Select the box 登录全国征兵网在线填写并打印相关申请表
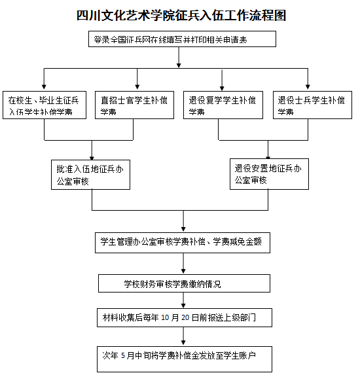(x=178, y=40)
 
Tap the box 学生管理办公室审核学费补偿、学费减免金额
(x=181, y=241)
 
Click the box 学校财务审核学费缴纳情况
(x=184, y=283)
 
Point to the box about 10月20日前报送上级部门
(x=184, y=318)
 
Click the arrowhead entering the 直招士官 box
(x=137, y=86)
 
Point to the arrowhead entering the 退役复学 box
(x=219, y=86)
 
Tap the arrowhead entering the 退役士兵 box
(x=310, y=86)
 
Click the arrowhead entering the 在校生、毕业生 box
(x=44, y=86)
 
